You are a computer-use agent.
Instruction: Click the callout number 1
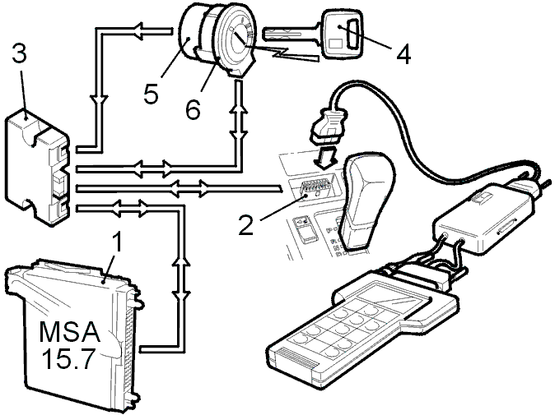116,242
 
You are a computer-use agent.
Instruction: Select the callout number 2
246,225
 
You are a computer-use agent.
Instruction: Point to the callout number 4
403,55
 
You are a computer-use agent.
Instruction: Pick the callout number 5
151,93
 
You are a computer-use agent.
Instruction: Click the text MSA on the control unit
70,332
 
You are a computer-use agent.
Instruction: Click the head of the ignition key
341,34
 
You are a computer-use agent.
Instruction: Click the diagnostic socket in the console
312,190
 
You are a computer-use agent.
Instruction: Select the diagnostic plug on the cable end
328,126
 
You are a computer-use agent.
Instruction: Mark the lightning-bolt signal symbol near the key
283,53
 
